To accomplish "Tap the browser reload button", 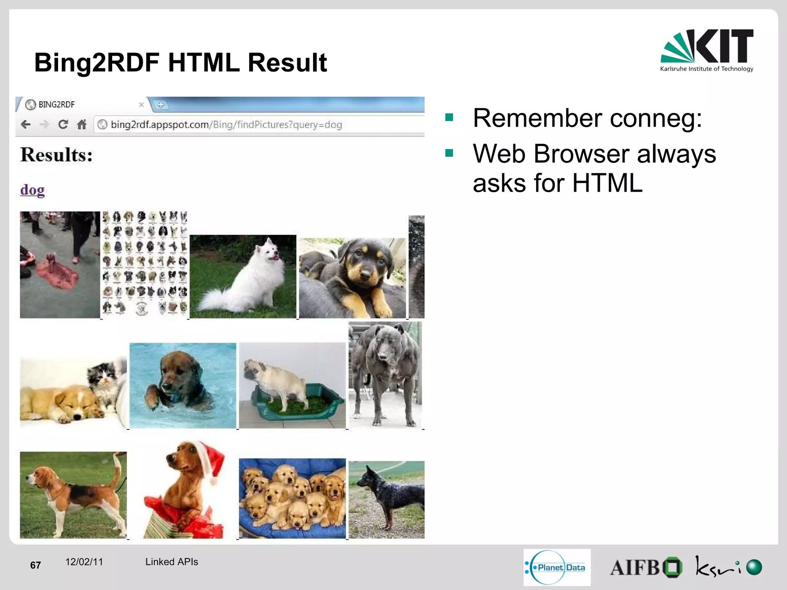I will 63,124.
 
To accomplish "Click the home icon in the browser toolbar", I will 82,124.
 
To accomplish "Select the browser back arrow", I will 26,124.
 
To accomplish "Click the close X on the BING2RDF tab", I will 141,104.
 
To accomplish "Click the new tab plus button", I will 161,104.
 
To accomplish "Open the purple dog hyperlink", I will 32,190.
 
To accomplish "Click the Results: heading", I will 56,155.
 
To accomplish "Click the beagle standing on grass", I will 73,496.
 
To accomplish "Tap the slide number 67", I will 35,565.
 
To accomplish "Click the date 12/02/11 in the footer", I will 84,562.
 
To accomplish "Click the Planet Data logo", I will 557,567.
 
